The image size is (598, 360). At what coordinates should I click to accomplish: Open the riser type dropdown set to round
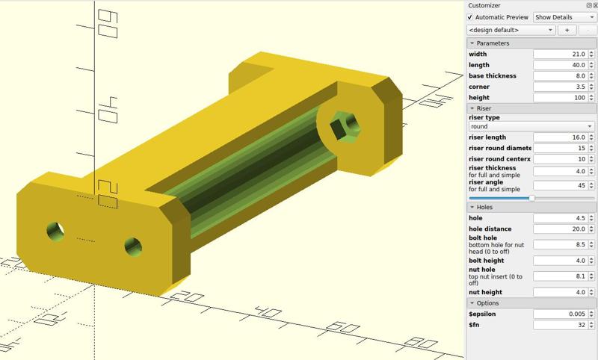pyautogui.click(x=531, y=127)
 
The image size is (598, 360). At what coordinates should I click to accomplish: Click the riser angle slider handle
pyautogui.click(x=531, y=198)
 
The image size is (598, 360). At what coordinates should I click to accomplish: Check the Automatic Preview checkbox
pyautogui.click(x=470, y=17)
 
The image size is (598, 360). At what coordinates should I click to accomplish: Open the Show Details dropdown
pyautogui.click(x=564, y=17)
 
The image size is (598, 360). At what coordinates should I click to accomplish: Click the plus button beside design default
pyautogui.click(x=566, y=30)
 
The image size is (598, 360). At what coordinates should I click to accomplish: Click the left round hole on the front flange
pyautogui.click(x=55, y=231)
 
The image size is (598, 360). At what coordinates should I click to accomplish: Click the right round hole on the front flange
pyautogui.click(x=133, y=244)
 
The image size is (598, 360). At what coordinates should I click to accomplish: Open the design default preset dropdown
pyautogui.click(x=511, y=30)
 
